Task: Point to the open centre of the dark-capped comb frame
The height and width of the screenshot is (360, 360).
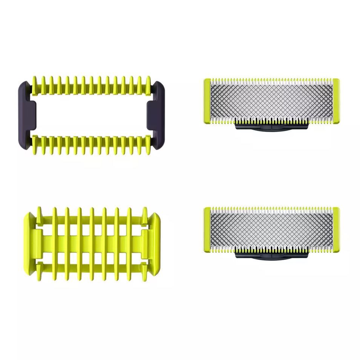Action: point(90,113)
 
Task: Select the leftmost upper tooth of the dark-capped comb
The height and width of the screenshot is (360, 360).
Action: point(36,82)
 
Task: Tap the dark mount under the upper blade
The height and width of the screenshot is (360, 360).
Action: point(271,127)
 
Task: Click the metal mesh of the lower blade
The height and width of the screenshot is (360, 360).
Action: point(271,227)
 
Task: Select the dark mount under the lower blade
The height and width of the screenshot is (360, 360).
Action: point(271,255)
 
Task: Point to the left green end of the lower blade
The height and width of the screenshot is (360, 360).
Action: point(207,227)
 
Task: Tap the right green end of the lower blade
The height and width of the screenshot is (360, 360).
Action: point(335,227)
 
